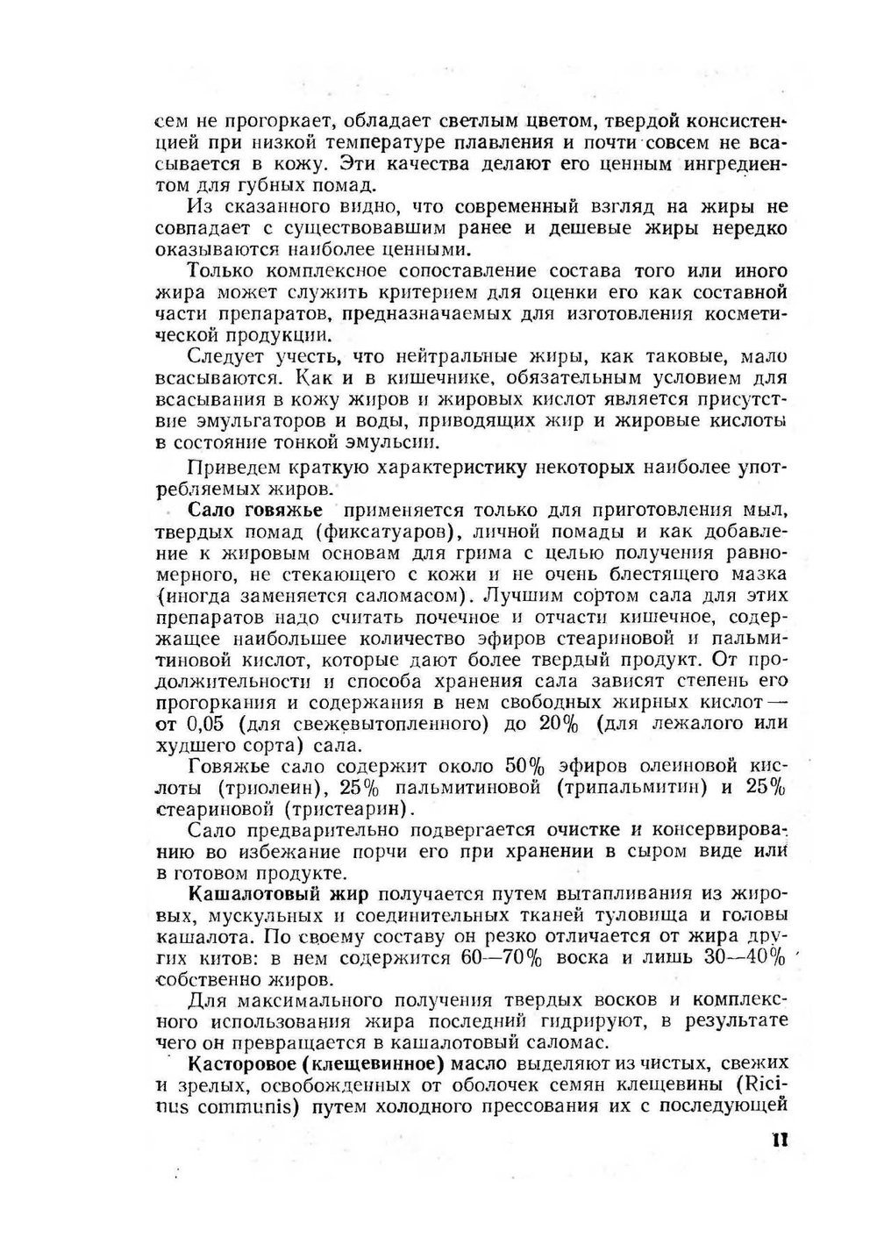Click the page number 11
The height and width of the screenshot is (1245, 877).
point(780,1140)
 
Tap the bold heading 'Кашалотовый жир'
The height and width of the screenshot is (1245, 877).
point(279,894)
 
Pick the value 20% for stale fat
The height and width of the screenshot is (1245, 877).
point(559,724)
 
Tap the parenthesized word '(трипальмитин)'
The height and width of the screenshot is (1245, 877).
point(631,787)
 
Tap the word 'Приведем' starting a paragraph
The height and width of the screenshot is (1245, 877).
point(230,468)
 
